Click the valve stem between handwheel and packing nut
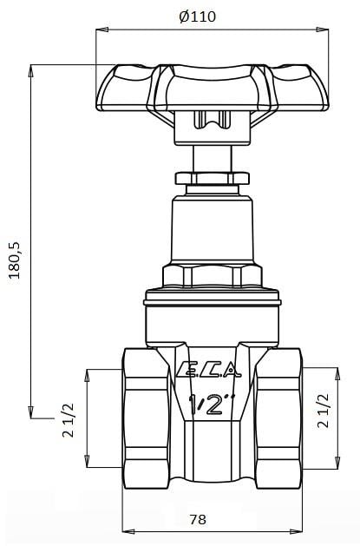click(x=211, y=159)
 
